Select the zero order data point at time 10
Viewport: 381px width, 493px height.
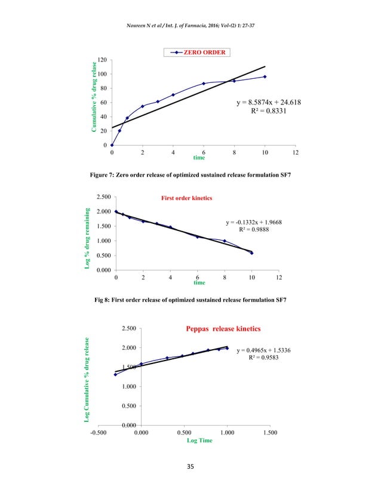click(265, 76)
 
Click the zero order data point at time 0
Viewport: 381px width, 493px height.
click(112, 145)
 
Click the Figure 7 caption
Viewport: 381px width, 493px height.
click(190, 173)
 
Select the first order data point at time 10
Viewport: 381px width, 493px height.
click(251, 253)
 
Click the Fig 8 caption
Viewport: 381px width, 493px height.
click(190, 298)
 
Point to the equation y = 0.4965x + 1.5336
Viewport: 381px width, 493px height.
click(263, 350)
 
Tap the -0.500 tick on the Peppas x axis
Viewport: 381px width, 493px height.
click(99, 432)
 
